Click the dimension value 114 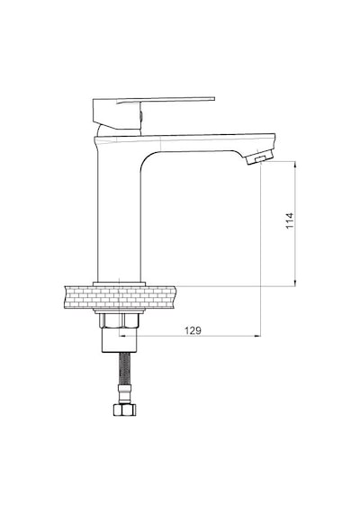(290, 220)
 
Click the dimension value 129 (193, 330)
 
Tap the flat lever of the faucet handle (166, 100)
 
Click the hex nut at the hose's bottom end (125, 409)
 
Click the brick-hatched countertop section (120, 297)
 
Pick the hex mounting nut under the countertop (120, 320)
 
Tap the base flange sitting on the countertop (120, 283)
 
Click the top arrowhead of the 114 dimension (295, 163)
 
